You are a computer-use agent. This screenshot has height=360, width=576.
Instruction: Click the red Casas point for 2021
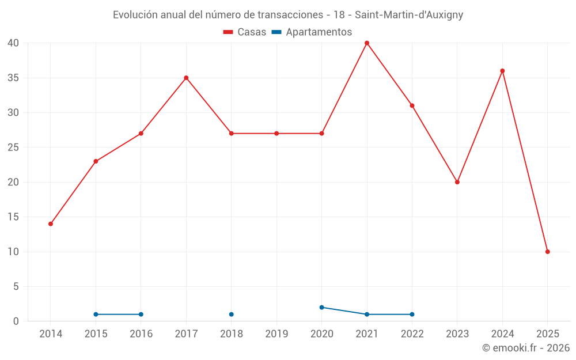point(367,43)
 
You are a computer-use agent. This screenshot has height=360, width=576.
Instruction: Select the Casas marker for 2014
point(51,224)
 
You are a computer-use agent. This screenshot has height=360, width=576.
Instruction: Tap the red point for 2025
point(548,252)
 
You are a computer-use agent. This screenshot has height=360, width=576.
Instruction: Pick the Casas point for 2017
point(186,78)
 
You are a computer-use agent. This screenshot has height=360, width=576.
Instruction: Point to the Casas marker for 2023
point(457,182)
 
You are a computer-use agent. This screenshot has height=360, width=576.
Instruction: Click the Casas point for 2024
point(502,71)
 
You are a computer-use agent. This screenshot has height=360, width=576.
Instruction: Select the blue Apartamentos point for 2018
point(232,314)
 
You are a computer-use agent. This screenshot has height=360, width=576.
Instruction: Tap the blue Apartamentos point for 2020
point(322,308)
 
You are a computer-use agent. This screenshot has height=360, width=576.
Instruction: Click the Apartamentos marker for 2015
point(96,314)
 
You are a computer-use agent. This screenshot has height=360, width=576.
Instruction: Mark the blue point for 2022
point(412,314)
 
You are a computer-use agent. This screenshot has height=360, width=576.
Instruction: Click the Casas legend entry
point(245,32)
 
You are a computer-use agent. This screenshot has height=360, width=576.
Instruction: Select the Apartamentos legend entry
point(312,32)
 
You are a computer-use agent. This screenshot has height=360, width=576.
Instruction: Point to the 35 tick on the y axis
point(13,78)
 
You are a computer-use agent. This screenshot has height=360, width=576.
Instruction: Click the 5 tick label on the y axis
point(16,286)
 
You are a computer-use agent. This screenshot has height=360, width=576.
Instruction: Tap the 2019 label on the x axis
point(276,334)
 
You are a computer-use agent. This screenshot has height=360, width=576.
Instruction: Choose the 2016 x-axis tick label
point(141,334)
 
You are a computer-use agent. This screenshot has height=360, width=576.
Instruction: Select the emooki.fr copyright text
point(526,348)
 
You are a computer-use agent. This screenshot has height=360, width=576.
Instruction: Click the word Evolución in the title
point(134,15)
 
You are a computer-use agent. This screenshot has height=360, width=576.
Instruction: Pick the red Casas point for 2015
point(96,161)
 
